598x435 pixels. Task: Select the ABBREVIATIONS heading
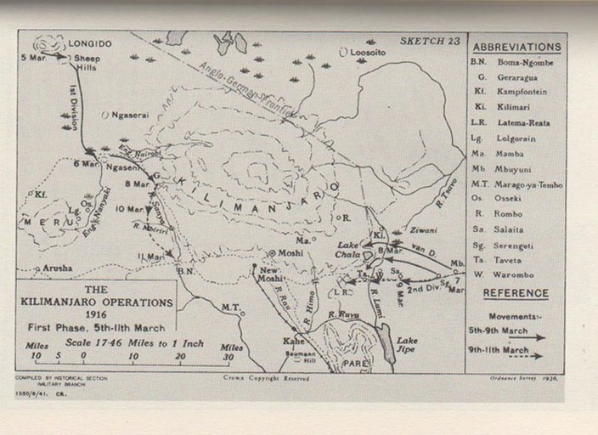click(516, 47)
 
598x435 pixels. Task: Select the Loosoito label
click(367, 52)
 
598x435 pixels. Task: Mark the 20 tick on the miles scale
click(181, 357)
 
